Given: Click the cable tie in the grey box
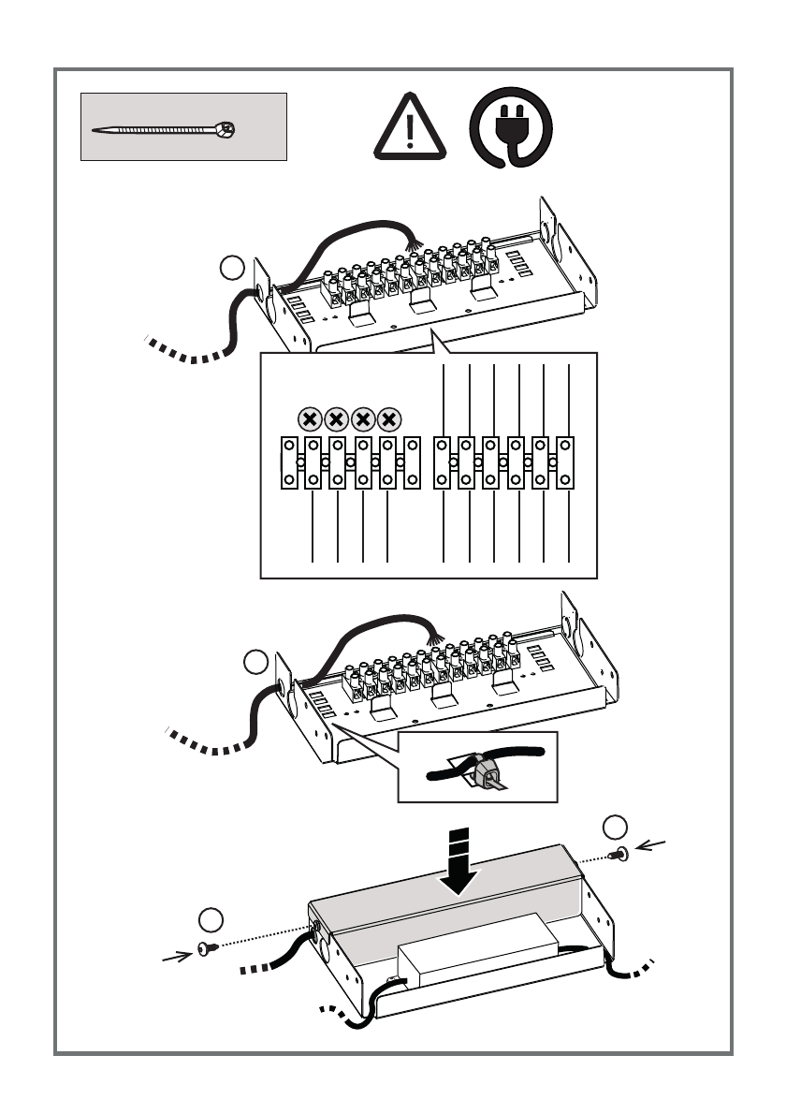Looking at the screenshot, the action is tap(164, 129).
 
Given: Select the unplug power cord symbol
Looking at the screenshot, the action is tap(510, 129).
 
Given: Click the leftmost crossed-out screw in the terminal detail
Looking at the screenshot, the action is tap(311, 419).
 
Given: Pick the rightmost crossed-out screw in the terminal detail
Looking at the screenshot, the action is tap(390, 419).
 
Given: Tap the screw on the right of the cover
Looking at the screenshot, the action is tap(618, 854).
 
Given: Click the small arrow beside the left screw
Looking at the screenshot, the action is tap(175, 956).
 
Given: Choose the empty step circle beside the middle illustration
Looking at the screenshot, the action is tap(255, 663).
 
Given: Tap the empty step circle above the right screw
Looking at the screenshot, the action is tap(615, 828).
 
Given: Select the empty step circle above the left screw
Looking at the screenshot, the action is tap(212, 919).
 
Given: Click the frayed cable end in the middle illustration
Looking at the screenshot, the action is tap(431, 636).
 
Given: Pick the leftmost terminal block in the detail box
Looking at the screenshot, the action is tap(289, 462).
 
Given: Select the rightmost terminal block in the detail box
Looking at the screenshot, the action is tap(565, 462).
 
